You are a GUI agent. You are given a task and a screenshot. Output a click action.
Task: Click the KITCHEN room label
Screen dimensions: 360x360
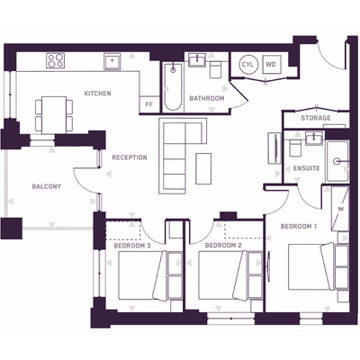[x=97, y=94]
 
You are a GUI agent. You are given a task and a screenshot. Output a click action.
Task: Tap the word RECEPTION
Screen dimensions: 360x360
[x=130, y=157]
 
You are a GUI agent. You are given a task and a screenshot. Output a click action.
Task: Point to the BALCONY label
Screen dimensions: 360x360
[x=47, y=186]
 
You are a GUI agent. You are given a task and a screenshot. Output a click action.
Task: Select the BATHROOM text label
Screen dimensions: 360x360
[x=207, y=98]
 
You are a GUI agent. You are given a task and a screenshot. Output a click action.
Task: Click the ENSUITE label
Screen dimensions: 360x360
[x=306, y=168]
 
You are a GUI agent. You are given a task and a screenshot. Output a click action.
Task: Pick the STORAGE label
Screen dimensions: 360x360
[x=316, y=118]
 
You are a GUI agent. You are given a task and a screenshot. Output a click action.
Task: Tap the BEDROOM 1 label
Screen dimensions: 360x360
[x=299, y=226]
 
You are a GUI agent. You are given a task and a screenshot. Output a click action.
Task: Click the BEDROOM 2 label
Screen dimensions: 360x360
[x=223, y=246]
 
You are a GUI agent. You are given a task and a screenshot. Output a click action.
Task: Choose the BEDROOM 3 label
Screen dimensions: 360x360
[x=132, y=246]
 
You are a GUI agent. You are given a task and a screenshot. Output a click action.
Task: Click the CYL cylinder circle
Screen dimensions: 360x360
[x=247, y=65]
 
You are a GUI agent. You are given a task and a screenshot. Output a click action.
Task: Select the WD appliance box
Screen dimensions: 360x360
[x=272, y=65]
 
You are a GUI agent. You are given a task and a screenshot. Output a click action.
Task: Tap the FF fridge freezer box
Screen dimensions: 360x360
[x=149, y=104]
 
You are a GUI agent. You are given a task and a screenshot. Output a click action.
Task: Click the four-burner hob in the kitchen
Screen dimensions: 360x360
[x=56, y=60]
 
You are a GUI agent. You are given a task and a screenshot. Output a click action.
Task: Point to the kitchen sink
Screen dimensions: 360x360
[x=112, y=62]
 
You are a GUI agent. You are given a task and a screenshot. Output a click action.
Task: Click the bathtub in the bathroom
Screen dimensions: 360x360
[x=173, y=87]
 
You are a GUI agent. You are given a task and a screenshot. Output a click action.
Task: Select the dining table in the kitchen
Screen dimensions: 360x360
[x=54, y=115]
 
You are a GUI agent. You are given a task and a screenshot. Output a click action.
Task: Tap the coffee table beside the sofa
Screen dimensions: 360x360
[x=203, y=168]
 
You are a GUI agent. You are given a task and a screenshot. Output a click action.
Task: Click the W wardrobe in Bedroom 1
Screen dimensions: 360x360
[x=340, y=209]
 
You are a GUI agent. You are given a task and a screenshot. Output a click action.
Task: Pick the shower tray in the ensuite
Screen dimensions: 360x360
[x=337, y=162]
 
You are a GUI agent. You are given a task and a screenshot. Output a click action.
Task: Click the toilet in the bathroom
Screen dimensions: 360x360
[x=215, y=70]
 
